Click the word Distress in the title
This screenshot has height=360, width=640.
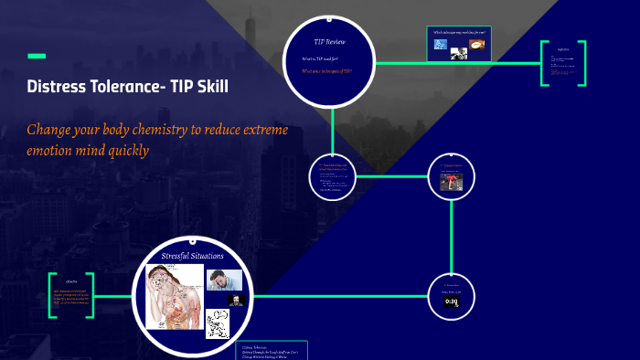point(61,88)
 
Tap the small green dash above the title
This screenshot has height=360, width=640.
point(37,57)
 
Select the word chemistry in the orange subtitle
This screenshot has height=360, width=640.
point(156,130)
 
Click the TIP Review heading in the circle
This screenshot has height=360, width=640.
point(329,42)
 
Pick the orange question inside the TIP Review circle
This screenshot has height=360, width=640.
point(326,70)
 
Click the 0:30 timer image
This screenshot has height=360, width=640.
point(451,301)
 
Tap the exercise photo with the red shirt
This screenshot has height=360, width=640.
point(451,181)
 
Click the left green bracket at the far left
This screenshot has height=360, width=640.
point(53,294)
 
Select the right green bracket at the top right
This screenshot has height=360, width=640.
point(581,64)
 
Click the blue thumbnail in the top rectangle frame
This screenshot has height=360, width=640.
point(441,45)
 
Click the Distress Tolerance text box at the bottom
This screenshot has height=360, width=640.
point(273,351)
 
